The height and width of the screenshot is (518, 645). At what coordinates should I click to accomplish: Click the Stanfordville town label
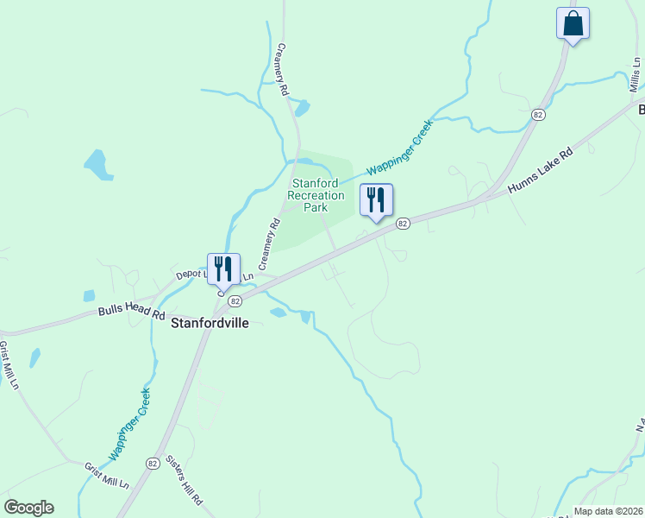pyautogui.click(x=210, y=324)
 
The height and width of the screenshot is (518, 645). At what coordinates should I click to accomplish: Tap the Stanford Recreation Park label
pyautogui.click(x=316, y=195)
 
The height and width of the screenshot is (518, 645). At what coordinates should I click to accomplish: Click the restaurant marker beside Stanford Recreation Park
pyautogui.click(x=376, y=200)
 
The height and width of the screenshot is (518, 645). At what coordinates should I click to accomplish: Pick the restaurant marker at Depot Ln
pyautogui.click(x=223, y=269)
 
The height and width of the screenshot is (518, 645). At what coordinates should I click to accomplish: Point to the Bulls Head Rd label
pyautogui.click(x=131, y=312)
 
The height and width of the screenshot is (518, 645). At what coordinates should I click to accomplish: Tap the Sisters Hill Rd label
pyautogui.click(x=184, y=479)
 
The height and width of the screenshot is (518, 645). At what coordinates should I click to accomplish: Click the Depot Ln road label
pyautogui.click(x=192, y=274)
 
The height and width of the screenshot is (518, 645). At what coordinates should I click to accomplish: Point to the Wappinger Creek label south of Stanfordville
pyautogui.click(x=130, y=424)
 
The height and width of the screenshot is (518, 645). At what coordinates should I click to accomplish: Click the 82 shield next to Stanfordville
pyautogui.click(x=235, y=300)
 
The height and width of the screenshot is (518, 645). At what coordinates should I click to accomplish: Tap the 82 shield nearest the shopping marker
pyautogui.click(x=538, y=115)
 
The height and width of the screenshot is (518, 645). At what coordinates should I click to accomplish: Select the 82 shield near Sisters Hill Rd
pyautogui.click(x=153, y=463)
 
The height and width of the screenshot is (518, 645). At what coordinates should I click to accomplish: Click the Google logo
pyautogui.click(x=28, y=508)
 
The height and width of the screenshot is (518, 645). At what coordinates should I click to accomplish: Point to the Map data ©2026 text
pyautogui.click(x=608, y=511)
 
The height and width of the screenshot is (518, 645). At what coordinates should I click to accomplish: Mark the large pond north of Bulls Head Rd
pyautogui.click(x=97, y=164)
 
